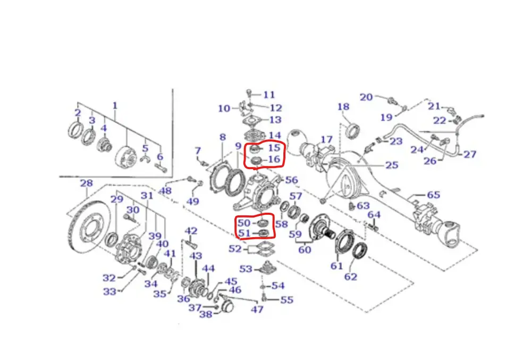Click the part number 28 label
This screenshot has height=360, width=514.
(87, 183)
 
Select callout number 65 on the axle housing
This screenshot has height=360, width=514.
(433, 195)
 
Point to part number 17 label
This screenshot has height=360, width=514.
(326, 139)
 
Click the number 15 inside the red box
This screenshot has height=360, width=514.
(274, 147)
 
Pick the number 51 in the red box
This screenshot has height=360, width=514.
(244, 233)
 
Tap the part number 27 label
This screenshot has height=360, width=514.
(469, 154)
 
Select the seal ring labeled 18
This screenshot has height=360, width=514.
(353, 129)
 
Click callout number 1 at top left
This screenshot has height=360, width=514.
(115, 106)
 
